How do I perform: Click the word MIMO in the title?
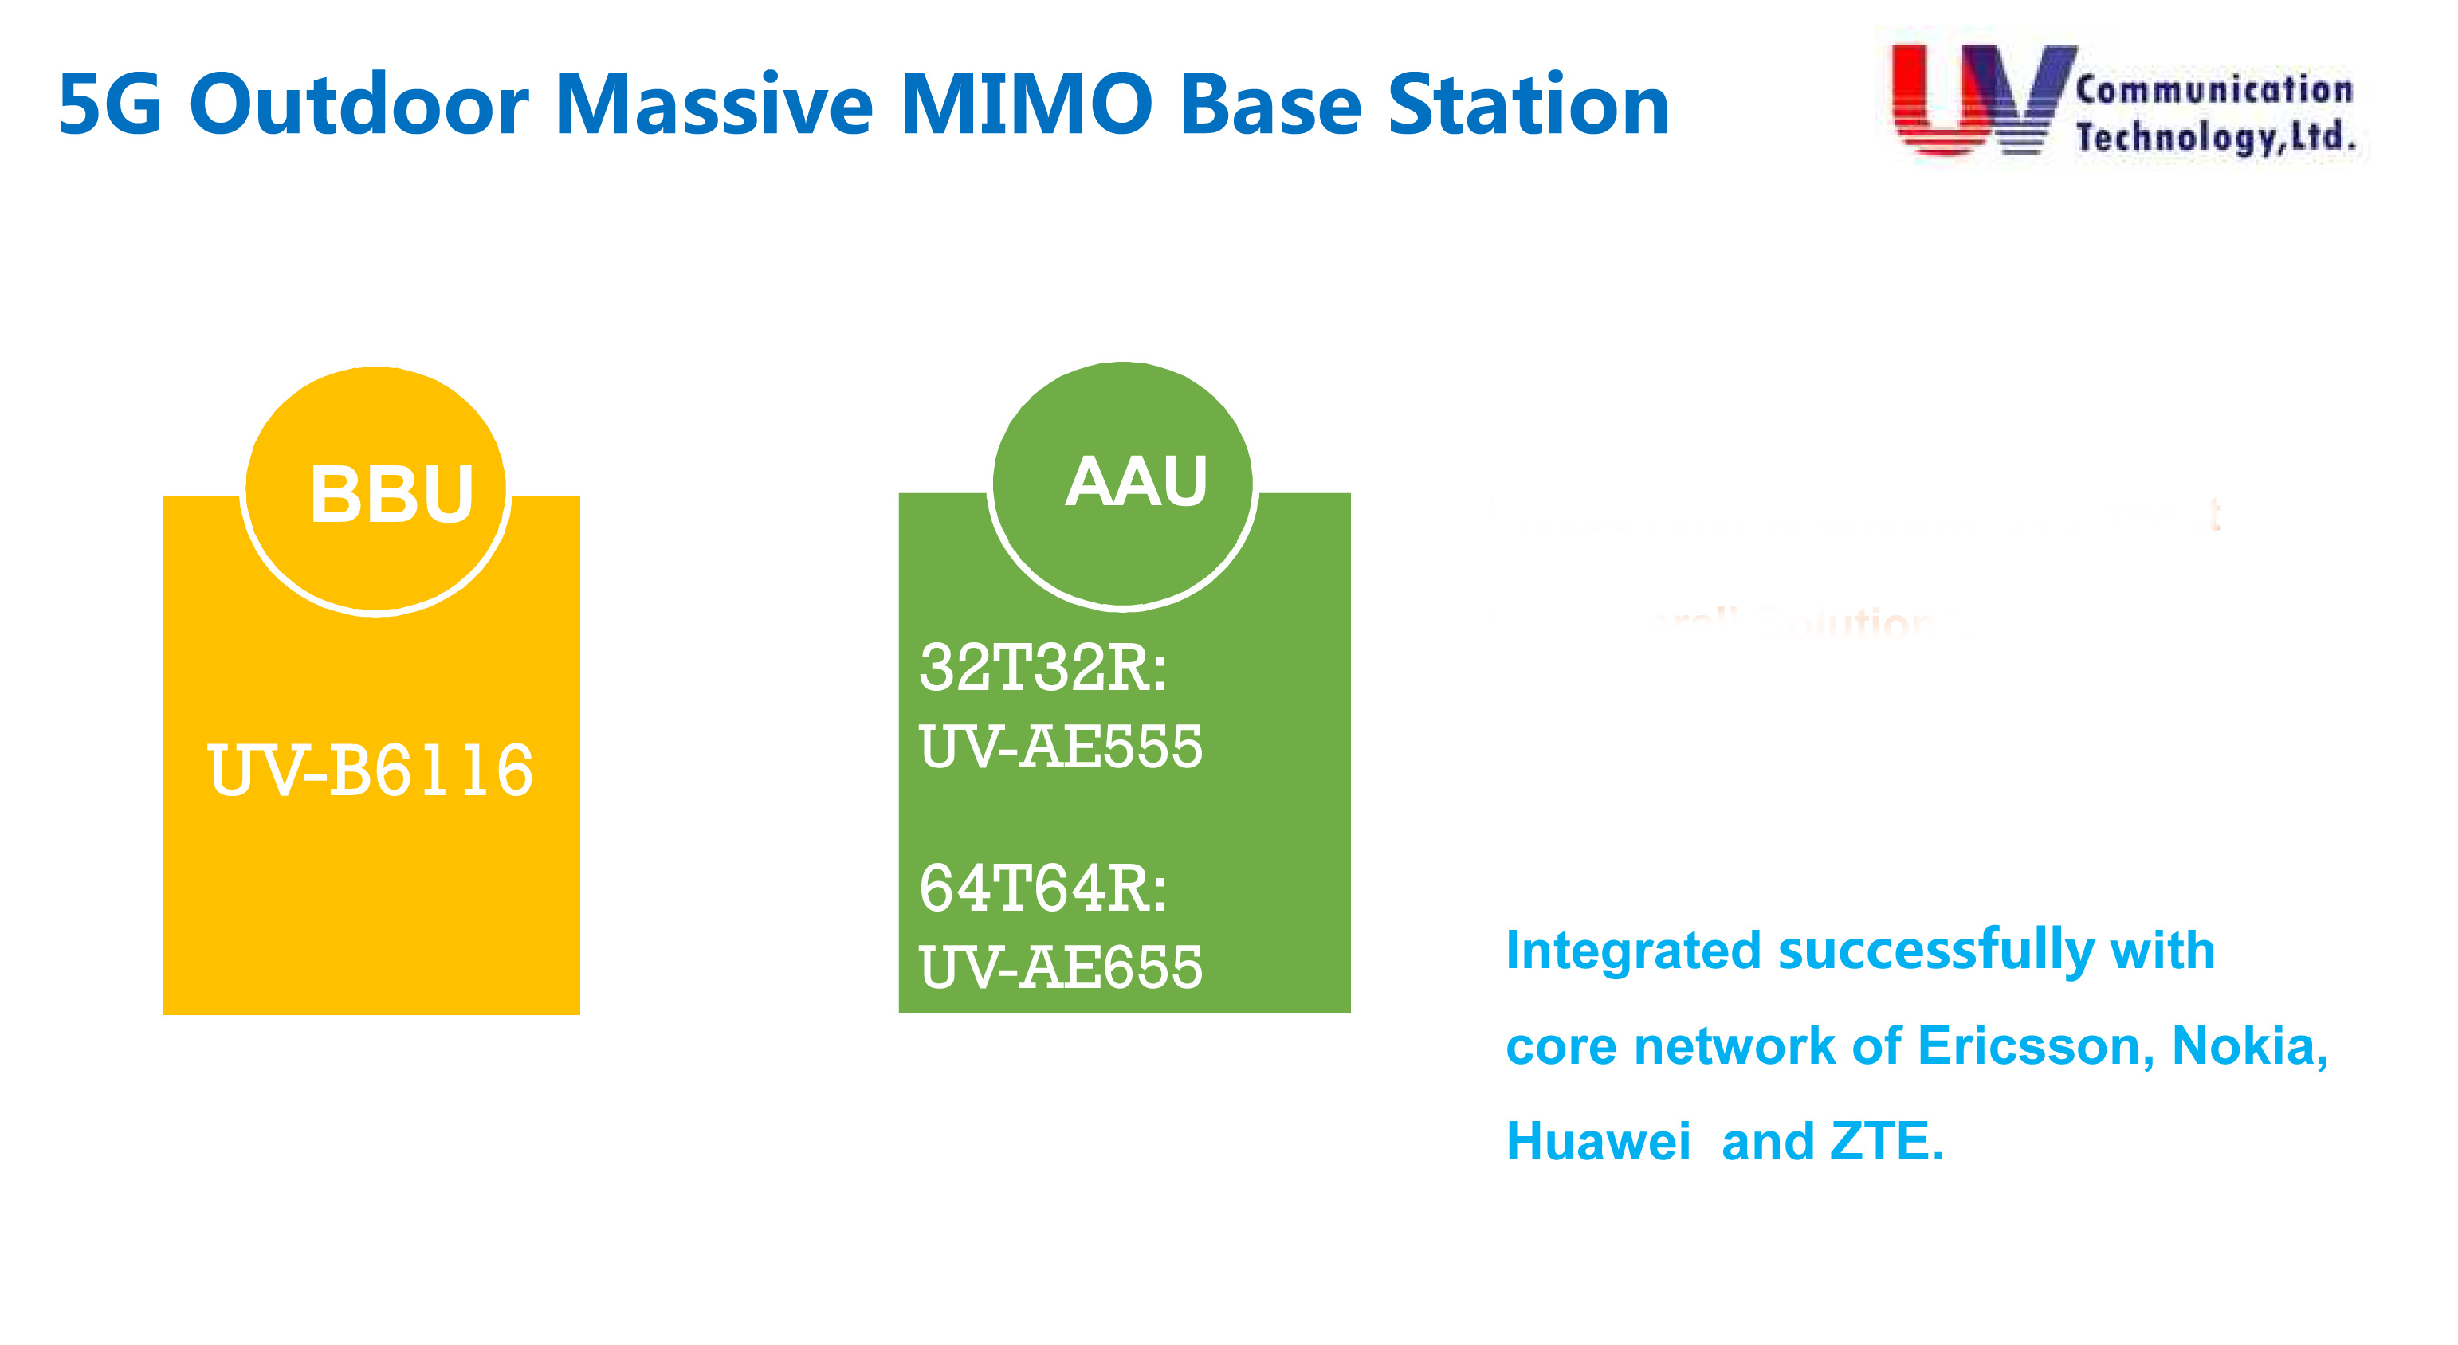[x=1026, y=105]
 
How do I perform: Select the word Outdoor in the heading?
[x=359, y=105]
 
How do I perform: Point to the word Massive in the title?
[x=714, y=105]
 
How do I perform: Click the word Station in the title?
[x=1528, y=105]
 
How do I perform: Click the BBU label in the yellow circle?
[x=392, y=494]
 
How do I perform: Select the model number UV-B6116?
[x=371, y=771]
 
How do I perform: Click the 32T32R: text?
[x=1043, y=668]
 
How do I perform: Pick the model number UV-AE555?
[x=1060, y=746]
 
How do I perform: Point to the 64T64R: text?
[x=1043, y=889]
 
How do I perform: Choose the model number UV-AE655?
[x=1060, y=967]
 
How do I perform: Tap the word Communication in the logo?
[x=2214, y=90]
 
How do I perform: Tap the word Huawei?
[x=1597, y=1142]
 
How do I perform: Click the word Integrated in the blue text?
[x=1632, y=951]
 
